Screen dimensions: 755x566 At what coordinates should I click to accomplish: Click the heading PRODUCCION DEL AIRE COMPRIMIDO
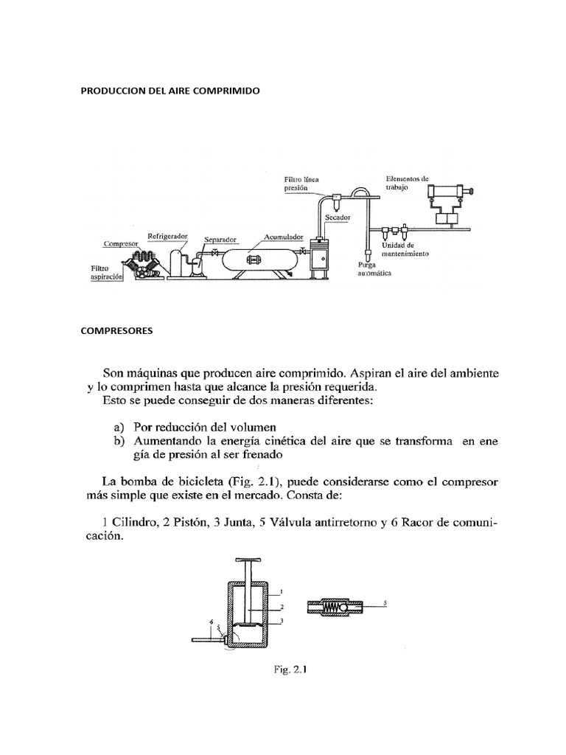click(x=170, y=91)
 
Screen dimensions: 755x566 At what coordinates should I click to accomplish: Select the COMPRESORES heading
click(x=116, y=331)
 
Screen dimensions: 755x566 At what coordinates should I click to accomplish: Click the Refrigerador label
click(x=167, y=237)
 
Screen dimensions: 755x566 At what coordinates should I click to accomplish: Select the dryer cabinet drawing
click(x=320, y=258)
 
